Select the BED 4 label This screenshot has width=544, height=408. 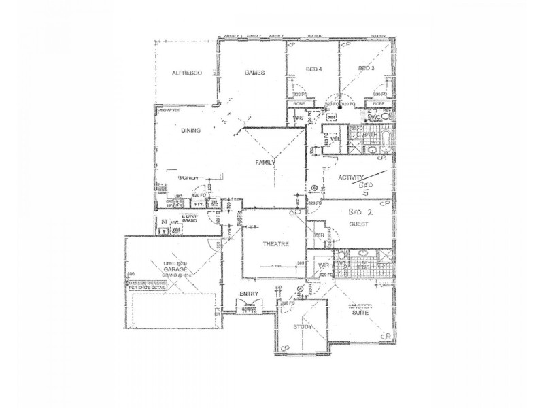click(313, 69)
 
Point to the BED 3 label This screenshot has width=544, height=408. click(367, 69)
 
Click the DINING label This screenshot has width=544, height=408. click(190, 131)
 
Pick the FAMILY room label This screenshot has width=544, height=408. click(265, 163)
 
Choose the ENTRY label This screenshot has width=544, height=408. click(249, 294)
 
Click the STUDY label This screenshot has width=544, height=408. click(303, 328)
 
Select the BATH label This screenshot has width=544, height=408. click(369, 135)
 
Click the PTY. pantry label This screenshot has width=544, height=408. click(200, 203)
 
